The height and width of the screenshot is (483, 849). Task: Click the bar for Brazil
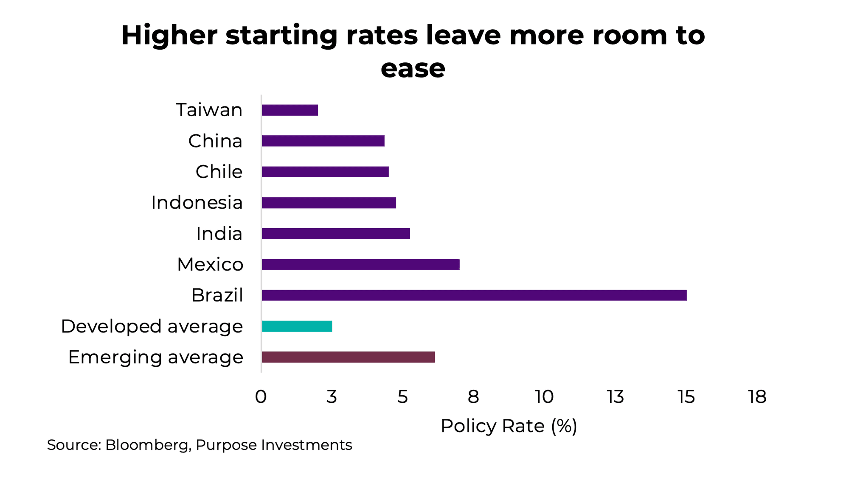point(474,295)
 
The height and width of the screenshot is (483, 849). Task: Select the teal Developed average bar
point(297,326)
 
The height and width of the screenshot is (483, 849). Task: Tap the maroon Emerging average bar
point(348,357)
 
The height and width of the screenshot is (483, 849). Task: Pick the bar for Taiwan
point(290,110)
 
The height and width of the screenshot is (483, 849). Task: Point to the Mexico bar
point(360,264)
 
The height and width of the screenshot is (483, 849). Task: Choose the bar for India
point(335,234)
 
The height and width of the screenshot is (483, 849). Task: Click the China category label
point(215,141)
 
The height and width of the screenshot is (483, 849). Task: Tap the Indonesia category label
point(197,203)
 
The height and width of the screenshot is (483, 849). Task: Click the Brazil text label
point(217,296)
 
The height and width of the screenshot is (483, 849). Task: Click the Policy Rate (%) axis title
point(509,426)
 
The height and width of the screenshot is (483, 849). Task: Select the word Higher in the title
point(169,35)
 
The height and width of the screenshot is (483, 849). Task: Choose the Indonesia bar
point(329,203)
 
